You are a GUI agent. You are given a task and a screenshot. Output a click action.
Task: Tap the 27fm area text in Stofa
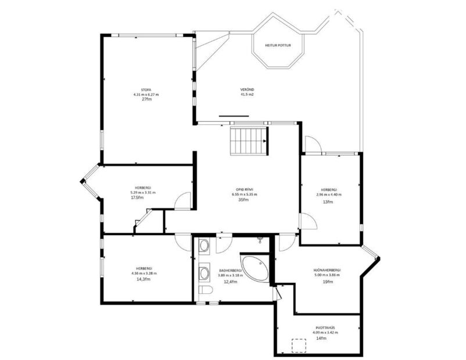coord(146,99)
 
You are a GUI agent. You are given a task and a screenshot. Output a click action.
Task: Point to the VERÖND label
coord(248,89)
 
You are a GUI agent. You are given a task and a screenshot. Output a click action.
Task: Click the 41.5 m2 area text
coord(248,94)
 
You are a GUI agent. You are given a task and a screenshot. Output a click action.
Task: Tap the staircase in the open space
coord(249,141)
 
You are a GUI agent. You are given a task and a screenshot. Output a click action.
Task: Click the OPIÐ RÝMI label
coord(244,189)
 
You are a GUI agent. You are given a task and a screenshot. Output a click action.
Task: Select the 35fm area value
coord(244,199)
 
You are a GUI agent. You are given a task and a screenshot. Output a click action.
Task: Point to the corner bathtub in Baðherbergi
coord(256,268)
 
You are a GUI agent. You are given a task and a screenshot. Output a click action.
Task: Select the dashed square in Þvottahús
coord(299,345)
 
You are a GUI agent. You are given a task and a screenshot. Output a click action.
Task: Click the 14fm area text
coord(322,337)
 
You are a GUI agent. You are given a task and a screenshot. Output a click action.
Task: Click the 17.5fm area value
coord(137,198)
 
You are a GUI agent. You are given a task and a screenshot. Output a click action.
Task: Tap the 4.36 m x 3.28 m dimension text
coord(144,273)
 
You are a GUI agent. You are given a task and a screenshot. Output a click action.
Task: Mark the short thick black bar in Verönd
coord(234,116)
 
